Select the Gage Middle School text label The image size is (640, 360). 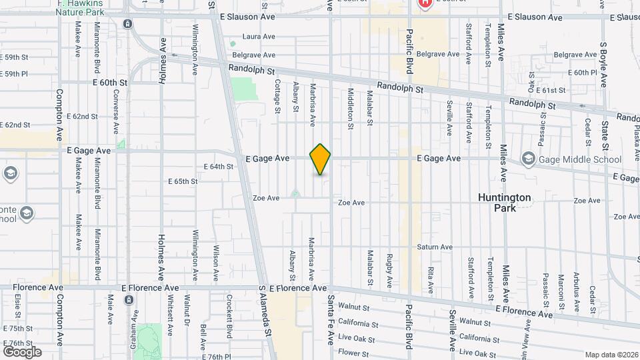[580, 159]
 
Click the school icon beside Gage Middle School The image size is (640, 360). [529, 159]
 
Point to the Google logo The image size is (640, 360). [22, 351]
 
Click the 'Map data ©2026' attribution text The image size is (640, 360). [611, 355]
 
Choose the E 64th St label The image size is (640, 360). [219, 167]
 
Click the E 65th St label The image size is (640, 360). [183, 181]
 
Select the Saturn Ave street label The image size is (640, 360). [435, 247]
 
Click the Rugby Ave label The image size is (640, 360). [389, 264]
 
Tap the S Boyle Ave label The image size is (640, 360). [603, 64]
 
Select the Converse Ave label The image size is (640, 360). [116, 113]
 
